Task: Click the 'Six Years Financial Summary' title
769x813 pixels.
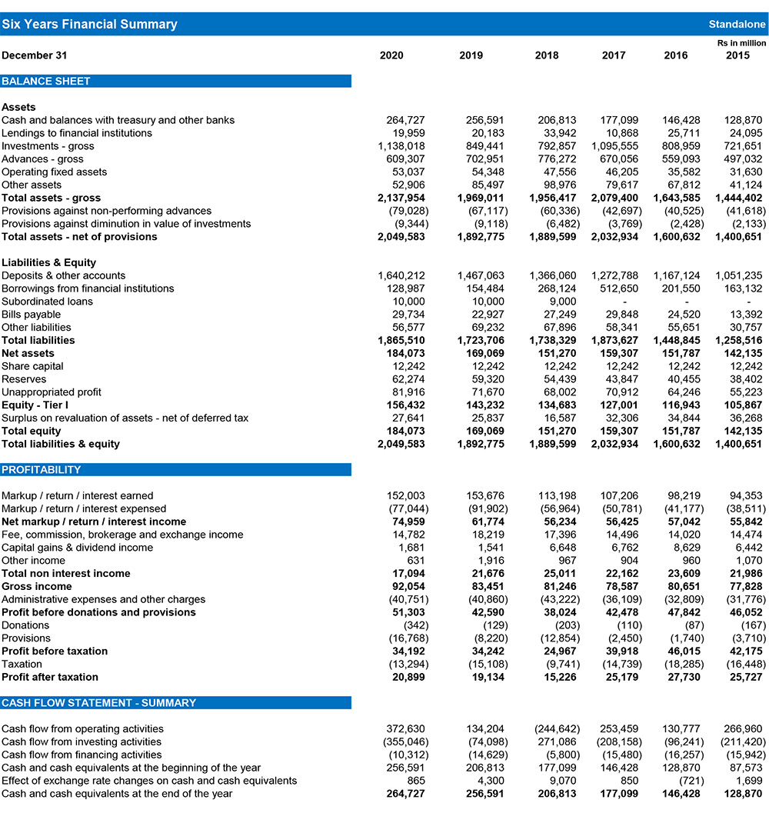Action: pyautogui.click(x=89, y=24)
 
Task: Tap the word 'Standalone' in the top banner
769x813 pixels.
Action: pyautogui.click(x=737, y=25)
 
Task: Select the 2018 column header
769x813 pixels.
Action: pyautogui.click(x=547, y=55)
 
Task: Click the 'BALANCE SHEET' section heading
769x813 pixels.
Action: pyautogui.click(x=46, y=81)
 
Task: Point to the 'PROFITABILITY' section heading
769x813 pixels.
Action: pyautogui.click(x=42, y=469)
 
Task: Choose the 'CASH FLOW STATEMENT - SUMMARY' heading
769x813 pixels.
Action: pyautogui.click(x=99, y=702)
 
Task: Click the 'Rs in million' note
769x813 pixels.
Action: pyautogui.click(x=741, y=43)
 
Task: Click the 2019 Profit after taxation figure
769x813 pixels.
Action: pyautogui.click(x=482, y=677)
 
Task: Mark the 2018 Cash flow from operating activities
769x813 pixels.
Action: pyautogui.click(x=557, y=728)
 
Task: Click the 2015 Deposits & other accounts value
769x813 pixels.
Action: pyautogui.click(x=740, y=275)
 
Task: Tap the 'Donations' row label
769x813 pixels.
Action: pyautogui.click(x=25, y=625)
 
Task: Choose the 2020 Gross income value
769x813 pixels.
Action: pyautogui.click(x=408, y=586)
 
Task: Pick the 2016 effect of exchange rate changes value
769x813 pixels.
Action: pyautogui.click(x=685, y=780)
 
